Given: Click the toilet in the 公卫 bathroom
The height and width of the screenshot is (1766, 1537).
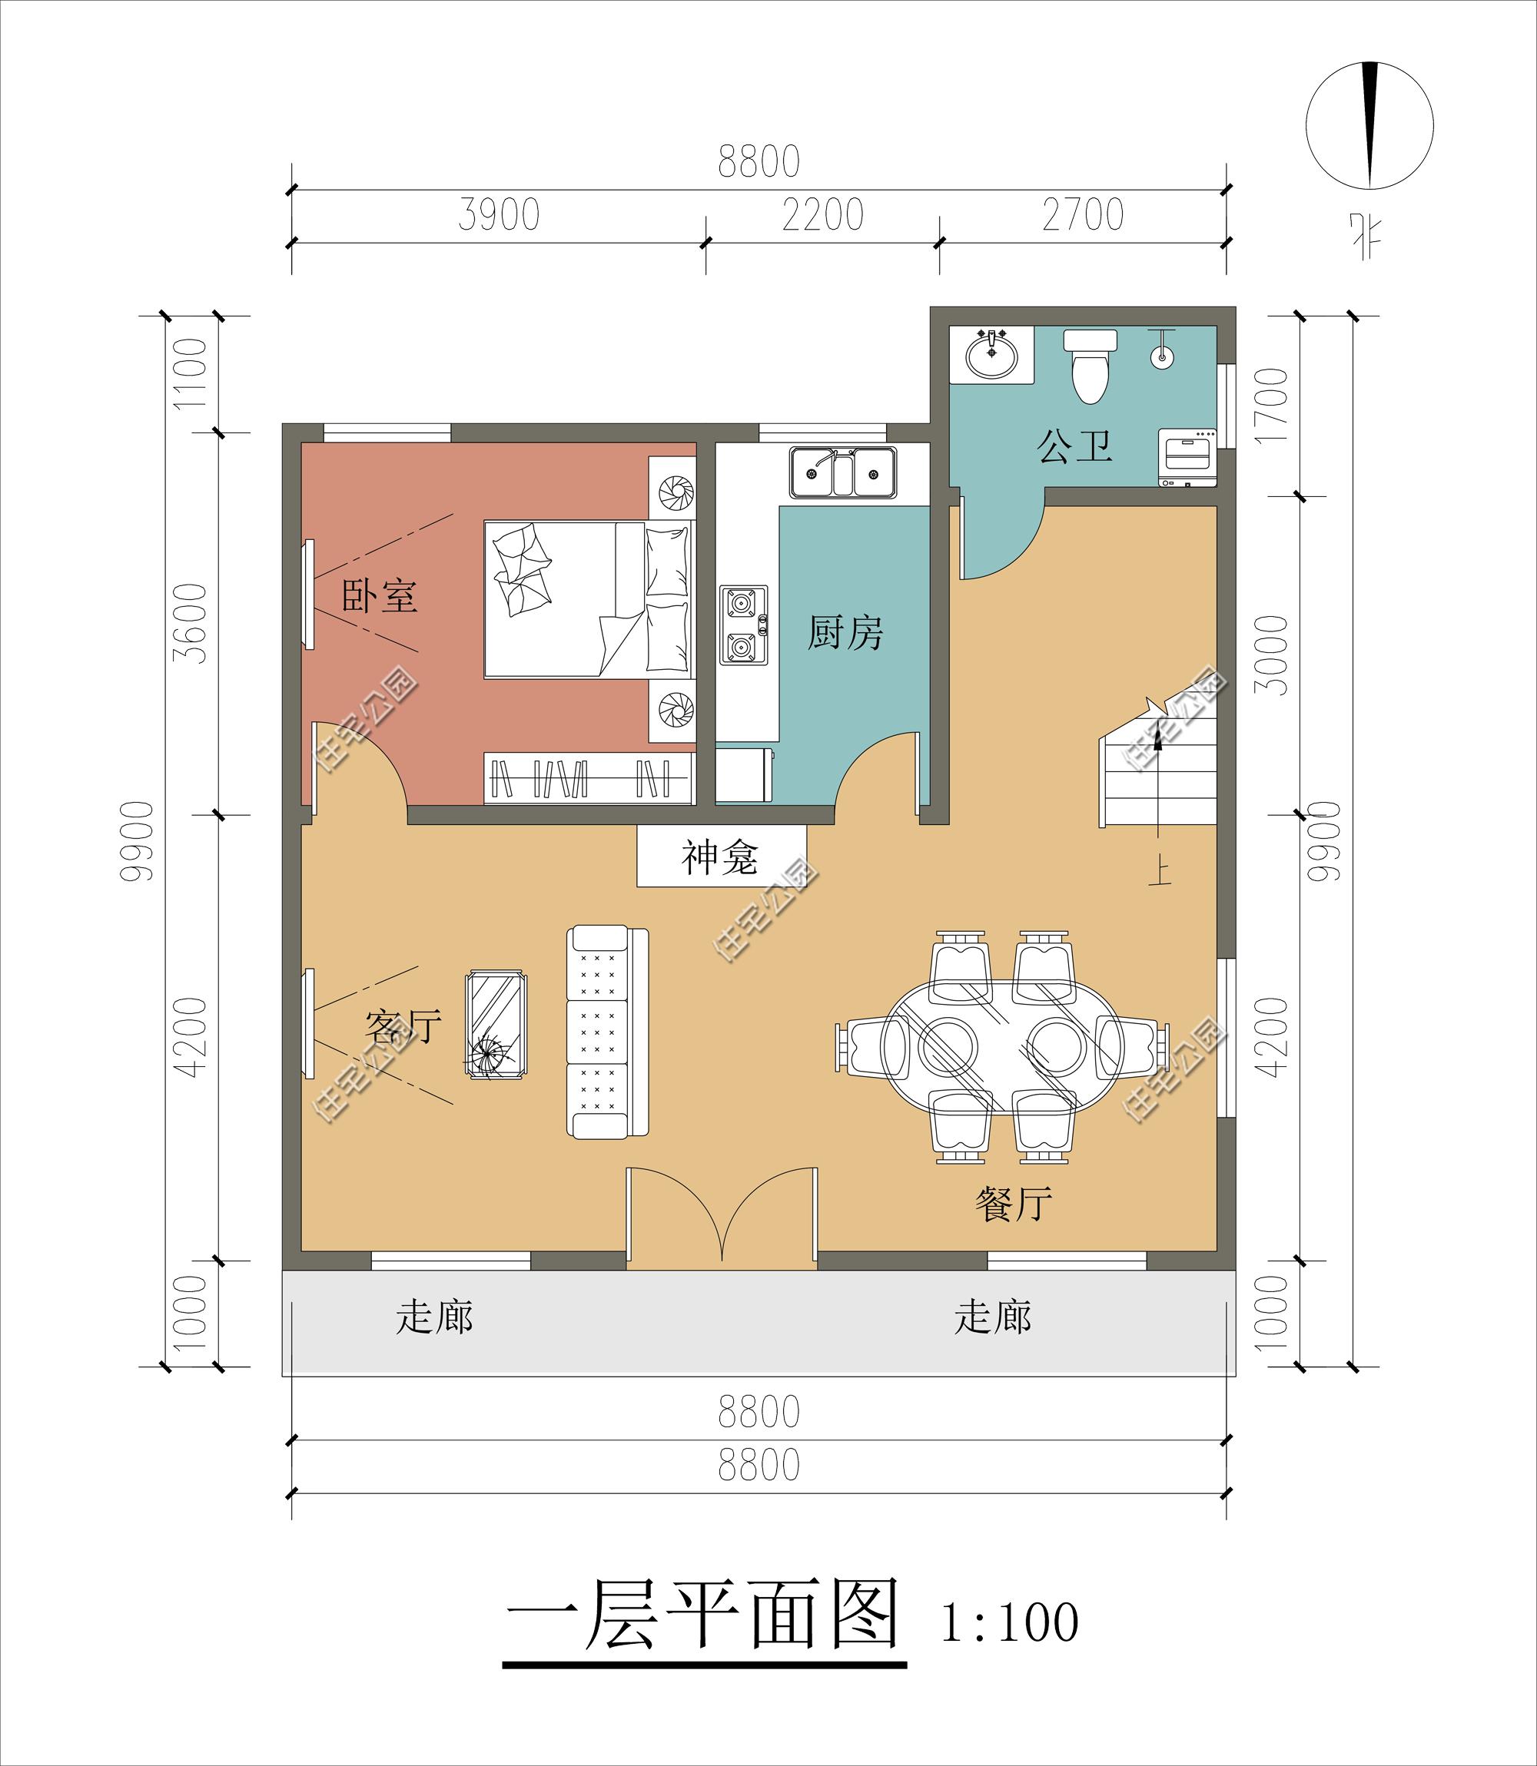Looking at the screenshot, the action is [x=1091, y=366].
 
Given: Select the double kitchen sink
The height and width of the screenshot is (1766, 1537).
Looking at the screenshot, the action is [x=844, y=472].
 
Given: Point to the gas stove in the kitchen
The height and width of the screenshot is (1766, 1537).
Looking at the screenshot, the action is [x=744, y=625].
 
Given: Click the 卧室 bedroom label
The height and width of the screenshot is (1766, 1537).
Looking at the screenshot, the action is [x=380, y=595].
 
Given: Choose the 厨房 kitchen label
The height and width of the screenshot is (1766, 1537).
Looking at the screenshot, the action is [x=845, y=633].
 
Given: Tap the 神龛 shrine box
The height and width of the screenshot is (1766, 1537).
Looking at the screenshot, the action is [x=722, y=856].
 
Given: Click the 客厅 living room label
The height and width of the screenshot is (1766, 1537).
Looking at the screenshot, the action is [x=403, y=1025].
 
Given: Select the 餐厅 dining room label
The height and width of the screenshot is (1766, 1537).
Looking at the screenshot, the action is [x=1013, y=1204].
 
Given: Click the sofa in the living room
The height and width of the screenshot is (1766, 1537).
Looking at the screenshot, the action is [x=608, y=1033].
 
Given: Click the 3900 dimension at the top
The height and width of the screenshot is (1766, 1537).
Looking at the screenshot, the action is [x=498, y=215].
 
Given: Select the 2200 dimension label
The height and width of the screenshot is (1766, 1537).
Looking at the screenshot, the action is [x=822, y=215].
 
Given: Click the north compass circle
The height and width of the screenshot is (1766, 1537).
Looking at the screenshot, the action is [x=1369, y=125].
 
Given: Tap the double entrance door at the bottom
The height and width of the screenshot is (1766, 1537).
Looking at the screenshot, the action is [x=722, y=1218].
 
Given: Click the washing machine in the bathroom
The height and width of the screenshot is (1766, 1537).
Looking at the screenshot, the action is [x=1188, y=459].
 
